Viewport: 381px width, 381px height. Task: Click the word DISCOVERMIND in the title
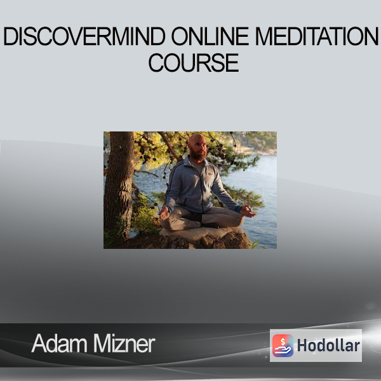click(84, 36)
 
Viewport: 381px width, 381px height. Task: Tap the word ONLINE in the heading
click(210, 36)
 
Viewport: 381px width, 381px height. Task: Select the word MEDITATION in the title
click(317, 36)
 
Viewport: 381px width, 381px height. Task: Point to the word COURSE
click(194, 63)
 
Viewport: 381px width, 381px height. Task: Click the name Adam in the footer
click(60, 344)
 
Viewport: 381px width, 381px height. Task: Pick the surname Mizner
click(124, 344)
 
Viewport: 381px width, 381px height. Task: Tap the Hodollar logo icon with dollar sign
click(283, 345)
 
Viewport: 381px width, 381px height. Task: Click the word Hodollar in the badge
click(328, 345)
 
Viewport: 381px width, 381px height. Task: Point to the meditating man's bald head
click(197, 141)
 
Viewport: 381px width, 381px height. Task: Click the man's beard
click(197, 155)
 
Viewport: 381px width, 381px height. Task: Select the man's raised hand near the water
click(248, 211)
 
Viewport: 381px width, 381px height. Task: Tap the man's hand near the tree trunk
click(164, 213)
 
